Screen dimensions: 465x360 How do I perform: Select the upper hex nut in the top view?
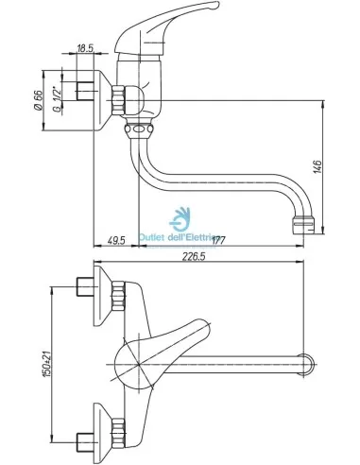click(120, 297)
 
